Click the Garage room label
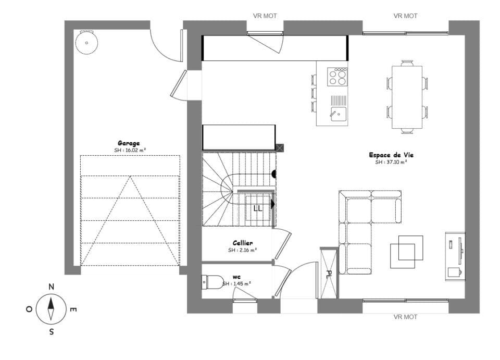click(128, 143)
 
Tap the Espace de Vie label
click(391, 155)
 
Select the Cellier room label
click(243, 243)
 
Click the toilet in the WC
click(210, 282)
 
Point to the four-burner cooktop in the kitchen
click(337, 77)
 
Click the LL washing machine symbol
click(258, 208)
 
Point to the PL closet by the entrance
click(329, 274)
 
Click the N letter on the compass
click(51, 287)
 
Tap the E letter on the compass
click(73, 310)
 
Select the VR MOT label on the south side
click(405, 317)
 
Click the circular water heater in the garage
click(86, 43)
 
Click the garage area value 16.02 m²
click(130, 151)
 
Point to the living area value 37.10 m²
click(391, 162)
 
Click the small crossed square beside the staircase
click(280, 148)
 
